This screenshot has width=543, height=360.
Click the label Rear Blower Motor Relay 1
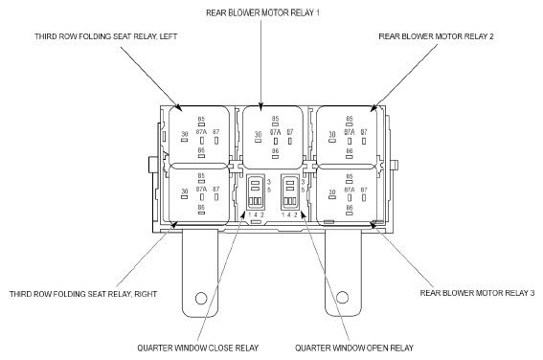262,12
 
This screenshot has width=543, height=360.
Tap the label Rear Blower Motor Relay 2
436,36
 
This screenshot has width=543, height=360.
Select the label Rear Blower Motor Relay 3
477,293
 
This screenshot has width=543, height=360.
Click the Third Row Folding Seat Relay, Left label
106,36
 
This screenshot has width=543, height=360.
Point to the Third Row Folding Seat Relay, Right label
83,294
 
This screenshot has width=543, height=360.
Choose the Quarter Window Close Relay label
197,348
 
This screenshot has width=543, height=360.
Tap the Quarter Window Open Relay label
354,348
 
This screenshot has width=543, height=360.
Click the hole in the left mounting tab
201,298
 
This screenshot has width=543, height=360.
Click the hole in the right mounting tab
342,298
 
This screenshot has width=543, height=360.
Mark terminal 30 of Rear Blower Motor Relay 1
258,141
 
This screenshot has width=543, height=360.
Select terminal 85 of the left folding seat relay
201,124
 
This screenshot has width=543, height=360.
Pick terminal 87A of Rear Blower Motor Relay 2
350,141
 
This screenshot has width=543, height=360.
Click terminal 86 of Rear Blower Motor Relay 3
349,214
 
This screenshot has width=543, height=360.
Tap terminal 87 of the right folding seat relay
216,197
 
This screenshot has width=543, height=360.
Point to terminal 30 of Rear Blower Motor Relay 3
332,197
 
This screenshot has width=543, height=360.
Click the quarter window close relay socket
256,192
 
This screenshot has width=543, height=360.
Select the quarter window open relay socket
290,192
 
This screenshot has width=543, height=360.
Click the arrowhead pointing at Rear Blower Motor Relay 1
260,107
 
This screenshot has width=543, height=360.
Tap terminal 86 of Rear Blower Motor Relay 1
275,157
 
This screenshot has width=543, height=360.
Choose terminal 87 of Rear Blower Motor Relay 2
364,141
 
